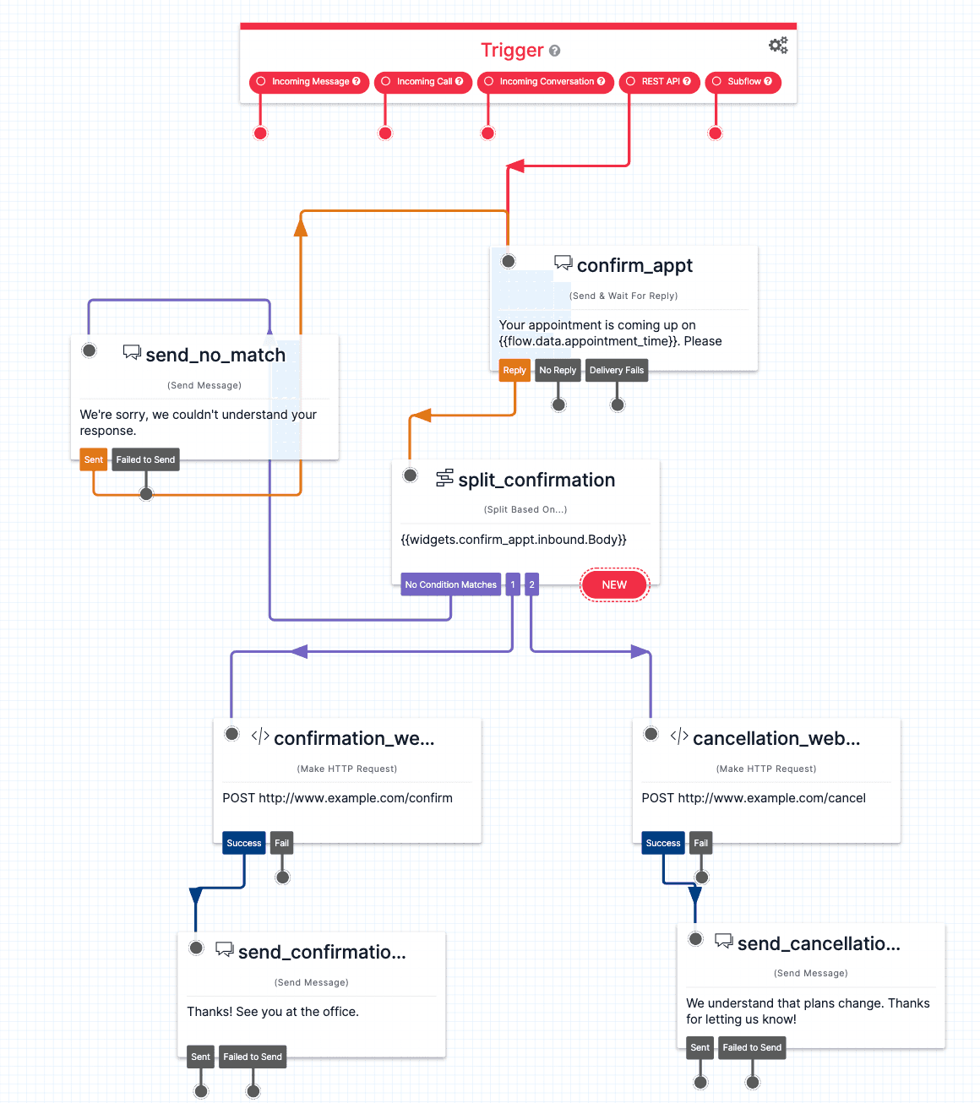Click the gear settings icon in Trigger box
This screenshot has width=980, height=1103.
pyautogui.click(x=778, y=46)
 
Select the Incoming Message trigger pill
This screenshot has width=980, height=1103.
pyautogui.click(x=309, y=82)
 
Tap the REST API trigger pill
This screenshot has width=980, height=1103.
pyautogui.click(x=660, y=82)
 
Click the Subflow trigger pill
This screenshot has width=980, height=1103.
pyautogui.click(x=743, y=82)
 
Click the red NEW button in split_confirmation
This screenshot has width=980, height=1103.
pyautogui.click(x=614, y=584)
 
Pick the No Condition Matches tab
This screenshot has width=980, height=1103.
pyautogui.click(x=450, y=584)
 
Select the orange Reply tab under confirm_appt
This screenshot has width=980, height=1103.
pyautogui.click(x=514, y=370)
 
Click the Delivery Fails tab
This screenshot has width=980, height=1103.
pyautogui.click(x=616, y=370)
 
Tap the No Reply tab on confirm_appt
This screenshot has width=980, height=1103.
pyautogui.click(x=558, y=370)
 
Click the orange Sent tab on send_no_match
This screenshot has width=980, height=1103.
pyautogui.click(x=93, y=459)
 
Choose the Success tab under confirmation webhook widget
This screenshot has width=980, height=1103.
pyautogui.click(x=244, y=843)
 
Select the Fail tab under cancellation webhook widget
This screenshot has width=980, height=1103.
pyautogui.click(x=700, y=843)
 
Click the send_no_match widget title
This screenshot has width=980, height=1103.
pyautogui.click(x=215, y=356)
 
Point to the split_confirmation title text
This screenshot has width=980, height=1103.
pyautogui.click(x=536, y=481)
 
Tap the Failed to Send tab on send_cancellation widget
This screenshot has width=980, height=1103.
pyautogui.click(x=752, y=1047)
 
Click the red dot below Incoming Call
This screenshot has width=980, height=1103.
pyautogui.click(x=385, y=133)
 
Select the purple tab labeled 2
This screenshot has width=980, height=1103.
pyautogui.click(x=531, y=584)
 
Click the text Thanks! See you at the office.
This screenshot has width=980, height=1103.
pyautogui.click(x=273, y=1012)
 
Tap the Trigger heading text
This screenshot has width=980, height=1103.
pyautogui.click(x=512, y=51)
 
